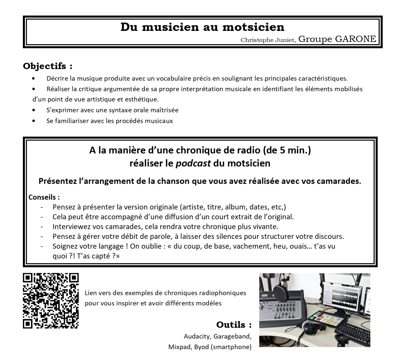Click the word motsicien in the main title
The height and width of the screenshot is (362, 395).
(x=253, y=27)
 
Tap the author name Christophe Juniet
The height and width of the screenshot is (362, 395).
(x=268, y=40)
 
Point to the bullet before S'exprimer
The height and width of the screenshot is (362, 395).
(x=34, y=110)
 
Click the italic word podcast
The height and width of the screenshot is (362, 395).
(x=193, y=163)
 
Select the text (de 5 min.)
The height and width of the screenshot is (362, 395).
(x=287, y=150)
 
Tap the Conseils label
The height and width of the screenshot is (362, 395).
(x=44, y=197)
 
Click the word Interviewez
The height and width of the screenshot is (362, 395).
(x=72, y=226)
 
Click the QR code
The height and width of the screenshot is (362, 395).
(x=51, y=300)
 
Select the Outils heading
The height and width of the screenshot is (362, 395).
(x=234, y=325)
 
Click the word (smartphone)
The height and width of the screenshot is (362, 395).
(x=231, y=347)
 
